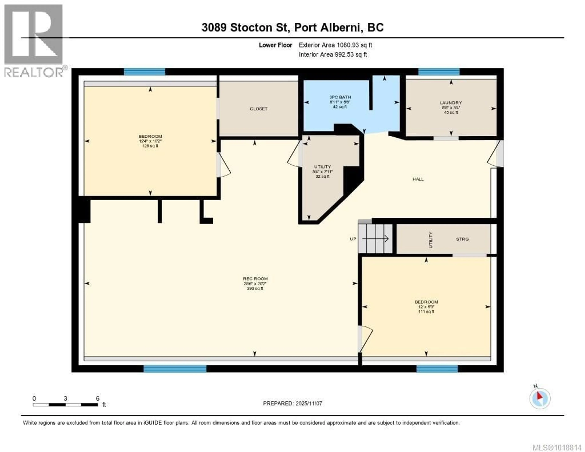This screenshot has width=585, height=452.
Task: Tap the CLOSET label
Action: [x=259, y=109]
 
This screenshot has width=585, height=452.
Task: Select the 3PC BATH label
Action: [x=340, y=97]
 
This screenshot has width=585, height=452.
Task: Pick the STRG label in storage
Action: [x=462, y=239]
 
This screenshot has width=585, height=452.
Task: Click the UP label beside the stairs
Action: [x=353, y=239]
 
